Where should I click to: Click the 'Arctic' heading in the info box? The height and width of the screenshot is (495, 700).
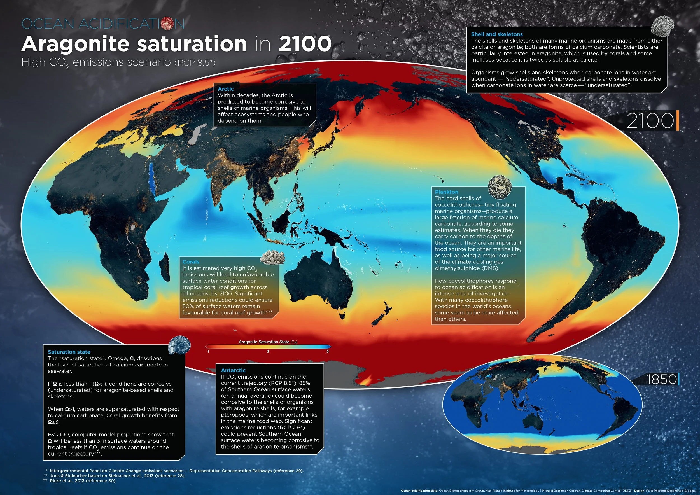pyautogui.click(x=226, y=89)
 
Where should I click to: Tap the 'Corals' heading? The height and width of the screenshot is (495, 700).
pyautogui.click(x=191, y=262)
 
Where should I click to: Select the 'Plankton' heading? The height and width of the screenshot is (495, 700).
pyautogui.click(x=446, y=192)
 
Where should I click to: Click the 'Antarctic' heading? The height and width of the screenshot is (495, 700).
pyautogui.click(x=233, y=370)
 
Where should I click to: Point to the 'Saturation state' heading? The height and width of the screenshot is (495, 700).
pyautogui.click(x=69, y=352)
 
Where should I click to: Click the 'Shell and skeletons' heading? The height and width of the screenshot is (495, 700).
pyautogui.click(x=497, y=34)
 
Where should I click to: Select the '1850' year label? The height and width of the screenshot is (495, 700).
pyautogui.click(x=661, y=379)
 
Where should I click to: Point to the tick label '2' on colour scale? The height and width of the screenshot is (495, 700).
pyautogui.click(x=268, y=352)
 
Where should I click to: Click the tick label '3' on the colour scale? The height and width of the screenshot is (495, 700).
pyautogui.click(x=328, y=352)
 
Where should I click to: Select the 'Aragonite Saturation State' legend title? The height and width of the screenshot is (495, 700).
pyautogui.click(x=267, y=342)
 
